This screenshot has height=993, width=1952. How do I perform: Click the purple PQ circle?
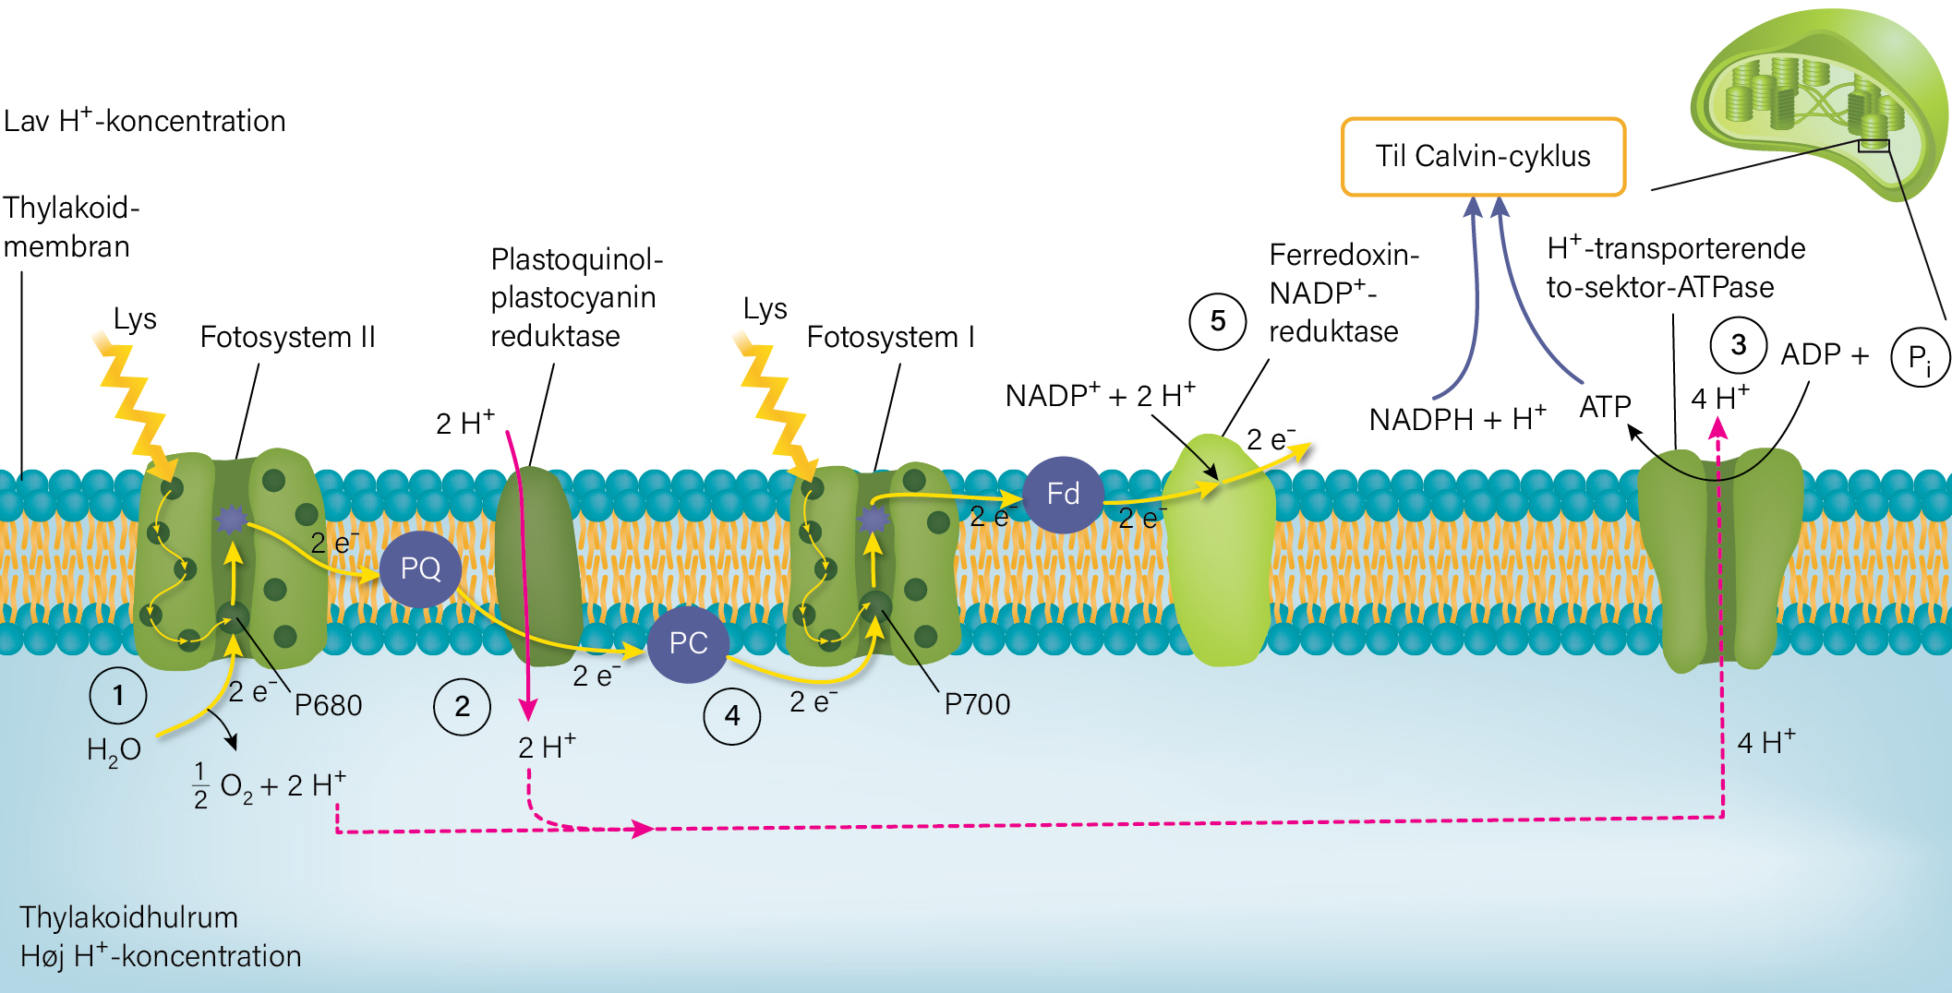pyautogui.click(x=420, y=568)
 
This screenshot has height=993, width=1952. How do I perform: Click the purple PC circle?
pyautogui.click(x=688, y=643)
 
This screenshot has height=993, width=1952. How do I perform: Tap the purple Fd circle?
pyautogui.click(x=1063, y=495)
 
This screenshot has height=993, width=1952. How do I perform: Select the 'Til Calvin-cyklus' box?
pyautogui.click(x=1483, y=157)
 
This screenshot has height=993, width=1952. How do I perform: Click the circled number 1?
pyautogui.click(x=118, y=695)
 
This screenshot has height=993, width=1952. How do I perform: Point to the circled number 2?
pyautogui.click(x=463, y=707)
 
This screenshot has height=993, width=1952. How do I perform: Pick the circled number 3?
pyautogui.click(x=1739, y=345)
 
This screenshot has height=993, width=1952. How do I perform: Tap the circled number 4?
pyautogui.click(x=732, y=715)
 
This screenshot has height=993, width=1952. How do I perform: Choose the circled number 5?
pyautogui.click(x=1218, y=321)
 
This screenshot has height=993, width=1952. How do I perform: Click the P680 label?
pyautogui.click(x=328, y=705)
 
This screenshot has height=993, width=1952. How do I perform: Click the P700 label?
pyautogui.click(x=977, y=704)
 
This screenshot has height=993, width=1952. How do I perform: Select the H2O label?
pyautogui.click(x=114, y=751)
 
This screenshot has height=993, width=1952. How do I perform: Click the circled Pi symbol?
pyautogui.click(x=1921, y=358)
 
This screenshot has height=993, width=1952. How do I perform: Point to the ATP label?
pyautogui.click(x=1605, y=407)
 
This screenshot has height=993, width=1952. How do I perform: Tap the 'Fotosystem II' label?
pyautogui.click(x=288, y=337)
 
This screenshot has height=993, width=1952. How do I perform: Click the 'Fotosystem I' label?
pyautogui.click(x=890, y=337)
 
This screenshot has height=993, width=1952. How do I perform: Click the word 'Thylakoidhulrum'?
pyautogui.click(x=128, y=917)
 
